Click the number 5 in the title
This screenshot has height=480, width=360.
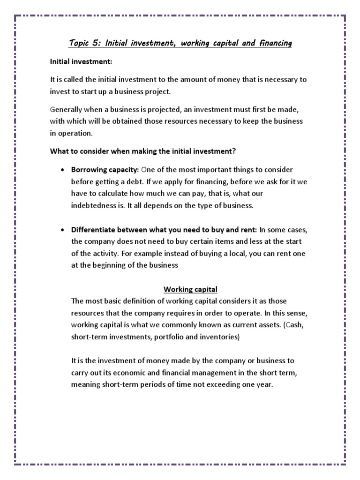click(96, 44)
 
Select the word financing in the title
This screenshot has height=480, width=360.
click(274, 44)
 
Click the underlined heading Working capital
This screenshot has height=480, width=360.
click(190, 289)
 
